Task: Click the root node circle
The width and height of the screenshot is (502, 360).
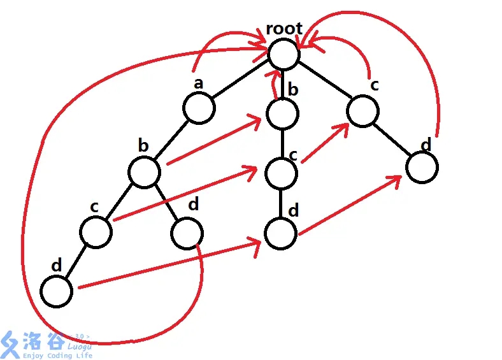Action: click(283, 53)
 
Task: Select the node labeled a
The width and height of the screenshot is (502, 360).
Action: click(199, 109)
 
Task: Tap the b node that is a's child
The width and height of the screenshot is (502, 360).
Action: click(144, 172)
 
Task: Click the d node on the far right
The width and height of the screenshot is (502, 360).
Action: click(422, 168)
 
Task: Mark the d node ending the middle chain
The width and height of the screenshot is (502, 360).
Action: click(281, 234)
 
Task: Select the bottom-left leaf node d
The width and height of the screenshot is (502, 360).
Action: click(56, 291)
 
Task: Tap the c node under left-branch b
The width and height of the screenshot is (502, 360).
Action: click(96, 231)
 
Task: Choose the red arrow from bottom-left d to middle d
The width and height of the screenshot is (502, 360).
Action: click(169, 265)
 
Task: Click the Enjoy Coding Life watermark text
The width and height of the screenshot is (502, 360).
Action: click(57, 355)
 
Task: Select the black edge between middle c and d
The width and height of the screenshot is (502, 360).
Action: click(281, 203)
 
